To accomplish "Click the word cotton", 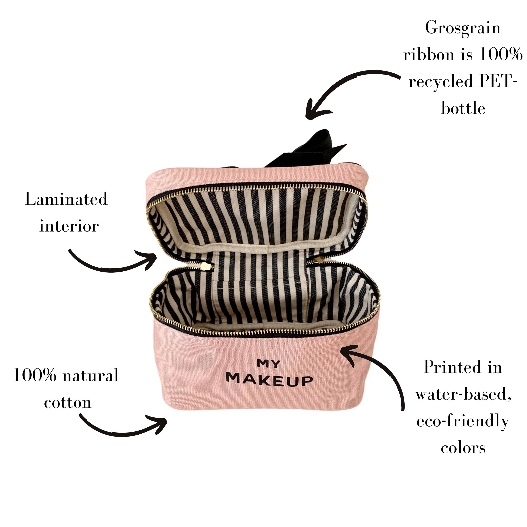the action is [68, 402].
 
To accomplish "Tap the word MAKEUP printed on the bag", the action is [269, 380].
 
